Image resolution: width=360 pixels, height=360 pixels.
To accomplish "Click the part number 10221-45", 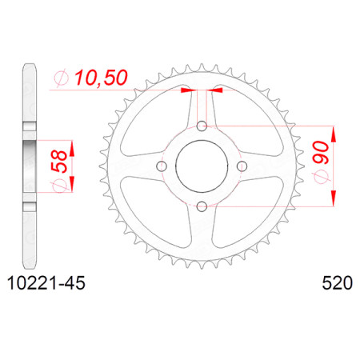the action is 46,283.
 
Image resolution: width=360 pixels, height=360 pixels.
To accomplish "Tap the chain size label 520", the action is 338,283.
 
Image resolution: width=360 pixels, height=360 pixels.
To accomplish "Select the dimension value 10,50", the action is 101,78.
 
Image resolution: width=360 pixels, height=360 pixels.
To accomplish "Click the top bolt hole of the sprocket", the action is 202,126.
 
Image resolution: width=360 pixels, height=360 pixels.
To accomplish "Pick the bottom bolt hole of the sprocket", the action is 202,206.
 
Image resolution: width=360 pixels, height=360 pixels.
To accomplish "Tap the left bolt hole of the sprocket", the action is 162,166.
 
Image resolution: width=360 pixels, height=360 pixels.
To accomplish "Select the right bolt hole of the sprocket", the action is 242,166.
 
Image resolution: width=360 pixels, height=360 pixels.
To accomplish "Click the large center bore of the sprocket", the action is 202,166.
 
